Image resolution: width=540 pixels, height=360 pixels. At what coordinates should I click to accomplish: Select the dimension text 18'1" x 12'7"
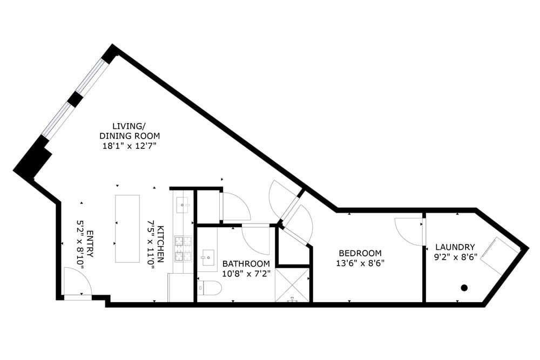(129, 146)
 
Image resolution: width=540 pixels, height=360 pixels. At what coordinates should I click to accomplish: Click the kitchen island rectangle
(127, 228)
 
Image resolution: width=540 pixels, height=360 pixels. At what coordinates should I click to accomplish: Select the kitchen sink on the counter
(183, 203)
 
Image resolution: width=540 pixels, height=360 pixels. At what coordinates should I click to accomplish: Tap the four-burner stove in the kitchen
(183, 247)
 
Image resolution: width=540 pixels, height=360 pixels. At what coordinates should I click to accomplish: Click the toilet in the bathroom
(210, 288)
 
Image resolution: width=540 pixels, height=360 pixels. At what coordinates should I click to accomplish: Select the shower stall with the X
(292, 285)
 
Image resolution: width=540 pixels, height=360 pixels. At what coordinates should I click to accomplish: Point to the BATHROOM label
(246, 263)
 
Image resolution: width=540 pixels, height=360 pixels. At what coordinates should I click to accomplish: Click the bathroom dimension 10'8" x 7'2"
(246, 274)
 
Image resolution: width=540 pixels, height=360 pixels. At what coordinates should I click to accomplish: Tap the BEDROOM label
(360, 253)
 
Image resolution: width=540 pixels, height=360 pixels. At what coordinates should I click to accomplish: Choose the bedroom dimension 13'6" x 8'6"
(360, 263)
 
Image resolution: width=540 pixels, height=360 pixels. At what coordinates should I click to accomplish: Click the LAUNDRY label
(455, 247)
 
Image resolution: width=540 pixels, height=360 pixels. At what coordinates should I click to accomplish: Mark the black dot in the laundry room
(464, 288)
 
